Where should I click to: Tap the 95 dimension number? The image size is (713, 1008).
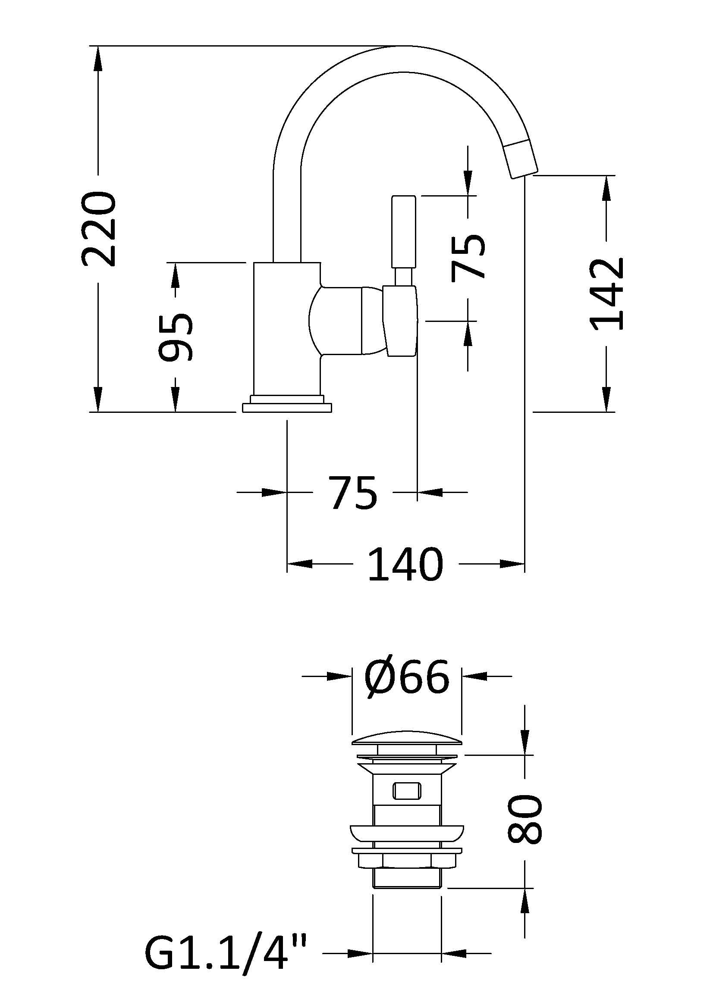point(175,337)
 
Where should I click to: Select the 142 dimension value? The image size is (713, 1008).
point(607,294)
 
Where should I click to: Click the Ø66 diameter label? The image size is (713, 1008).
point(407,676)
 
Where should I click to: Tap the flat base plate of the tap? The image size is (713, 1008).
point(286,408)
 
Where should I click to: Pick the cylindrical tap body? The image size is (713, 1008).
point(286,329)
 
